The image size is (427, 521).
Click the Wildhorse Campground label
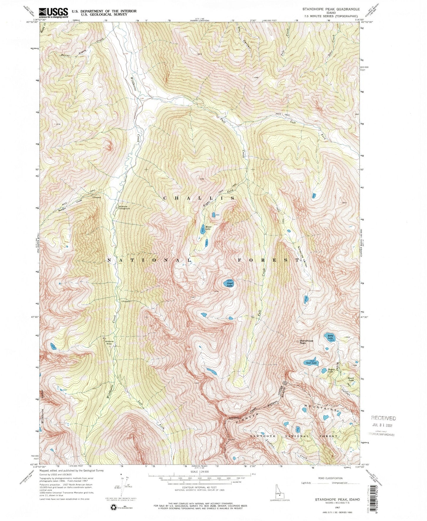pyautogui.click(x=124, y=208)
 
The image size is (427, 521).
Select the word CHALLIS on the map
pyautogui.click(x=199, y=198)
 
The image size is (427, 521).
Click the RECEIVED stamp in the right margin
pyautogui.click(x=383, y=418)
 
